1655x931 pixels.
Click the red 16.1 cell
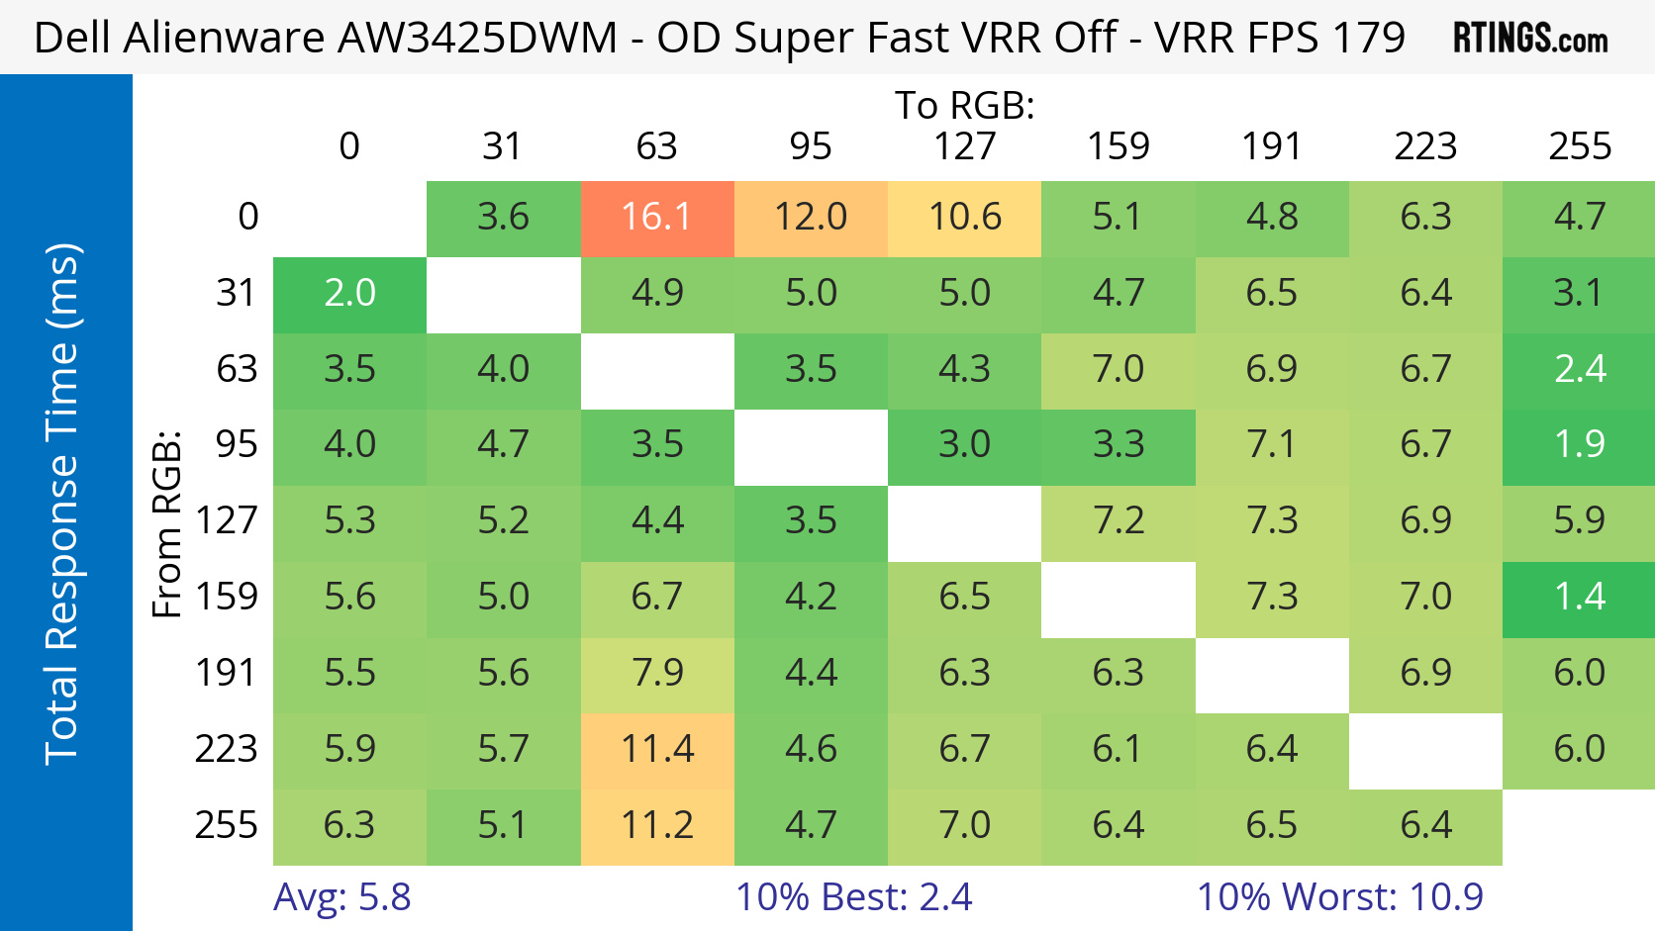[656, 218]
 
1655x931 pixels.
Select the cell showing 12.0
[811, 218]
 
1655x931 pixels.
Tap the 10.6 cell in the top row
[964, 218]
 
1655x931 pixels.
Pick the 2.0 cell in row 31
[349, 294]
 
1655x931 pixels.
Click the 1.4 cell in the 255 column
[1579, 598]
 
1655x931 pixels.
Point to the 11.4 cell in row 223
[656, 750]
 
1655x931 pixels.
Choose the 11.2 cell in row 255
[656, 826]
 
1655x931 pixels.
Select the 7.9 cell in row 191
[656, 674]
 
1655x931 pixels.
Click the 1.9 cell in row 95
[1579, 445]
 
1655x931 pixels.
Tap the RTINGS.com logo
[1529, 39]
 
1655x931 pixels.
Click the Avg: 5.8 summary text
[341, 897]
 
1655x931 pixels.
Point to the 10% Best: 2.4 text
[853, 897]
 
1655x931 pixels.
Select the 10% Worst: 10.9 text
[1339, 897]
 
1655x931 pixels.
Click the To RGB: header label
[964, 105]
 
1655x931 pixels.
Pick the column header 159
[1119, 147]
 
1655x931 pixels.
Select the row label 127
[227, 521]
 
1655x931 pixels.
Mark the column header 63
[656, 147]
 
